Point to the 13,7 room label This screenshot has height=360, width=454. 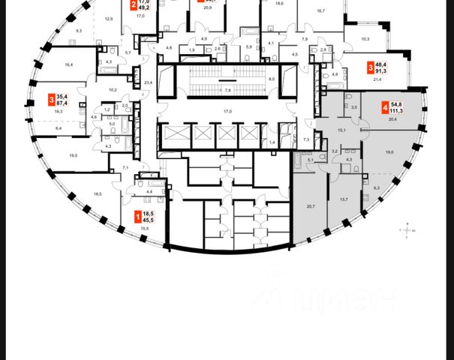click(344, 200)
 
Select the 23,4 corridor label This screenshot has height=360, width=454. click(149, 82)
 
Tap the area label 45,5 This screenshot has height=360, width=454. click(148, 220)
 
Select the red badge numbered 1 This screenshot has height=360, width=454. click(136, 217)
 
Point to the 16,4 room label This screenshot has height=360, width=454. click(69, 65)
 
